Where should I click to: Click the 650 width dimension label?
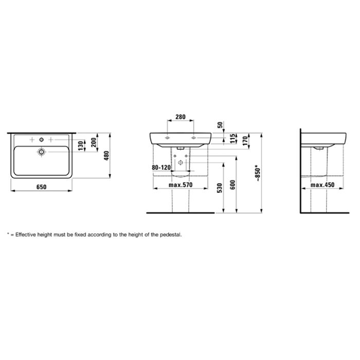click(41, 187)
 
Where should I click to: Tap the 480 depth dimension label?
click(106, 156)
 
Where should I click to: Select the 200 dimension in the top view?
click(93, 142)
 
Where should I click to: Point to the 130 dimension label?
click(80, 146)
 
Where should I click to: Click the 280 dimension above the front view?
click(181, 117)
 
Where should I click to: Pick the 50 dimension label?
click(220, 125)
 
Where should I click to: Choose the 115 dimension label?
click(233, 138)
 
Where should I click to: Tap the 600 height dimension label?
click(232, 185)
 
